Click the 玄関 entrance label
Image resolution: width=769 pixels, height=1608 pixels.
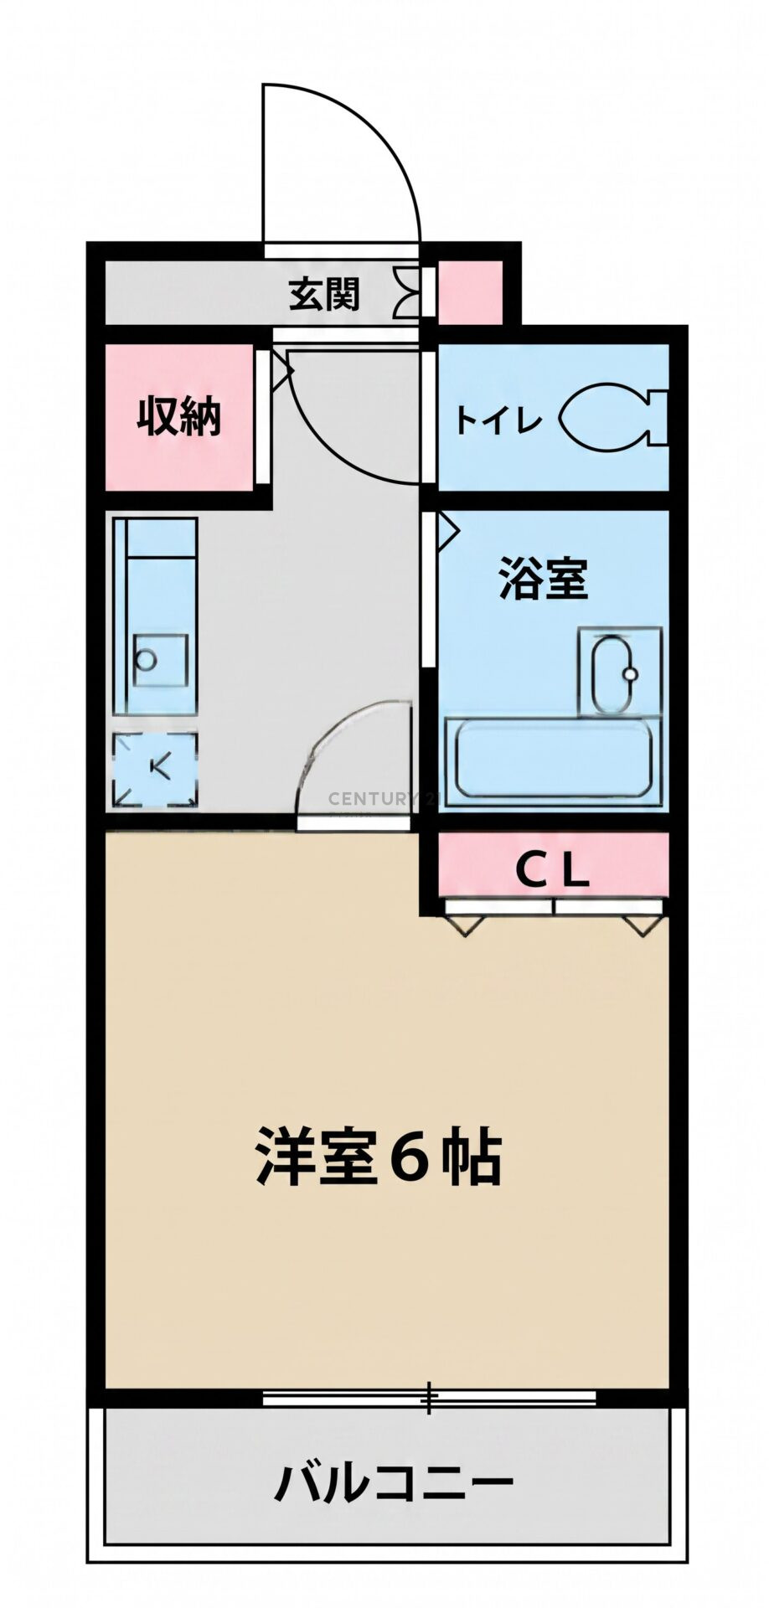[x=324, y=294]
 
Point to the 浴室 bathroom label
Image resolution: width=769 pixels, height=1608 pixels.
[x=543, y=578]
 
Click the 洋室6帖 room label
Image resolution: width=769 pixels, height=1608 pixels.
[x=379, y=1157]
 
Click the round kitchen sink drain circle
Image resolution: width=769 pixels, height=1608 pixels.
[x=146, y=660]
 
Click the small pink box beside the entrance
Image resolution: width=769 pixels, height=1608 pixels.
[x=470, y=292]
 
